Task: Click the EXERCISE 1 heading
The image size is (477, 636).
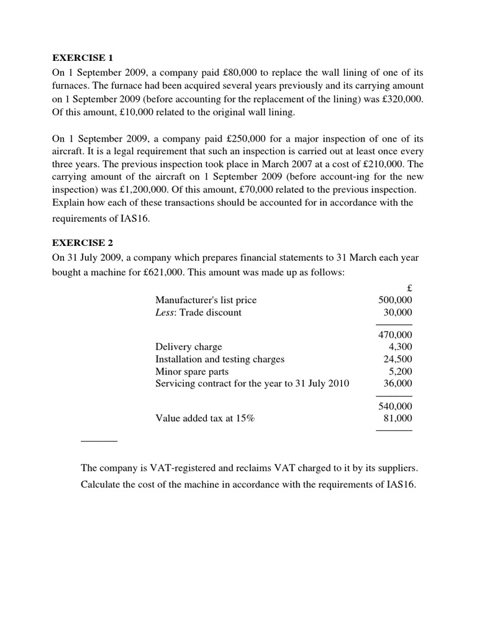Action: point(84,58)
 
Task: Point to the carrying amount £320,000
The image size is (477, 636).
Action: point(402,99)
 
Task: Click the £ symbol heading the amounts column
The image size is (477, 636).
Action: point(408,288)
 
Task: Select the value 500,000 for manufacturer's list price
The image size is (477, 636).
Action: point(395,300)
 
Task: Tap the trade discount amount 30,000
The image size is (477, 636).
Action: point(397,312)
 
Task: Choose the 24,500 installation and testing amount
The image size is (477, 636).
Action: point(397,359)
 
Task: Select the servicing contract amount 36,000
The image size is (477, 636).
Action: point(397,384)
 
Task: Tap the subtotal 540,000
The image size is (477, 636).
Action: point(395,406)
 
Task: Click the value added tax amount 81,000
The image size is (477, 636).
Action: point(397,419)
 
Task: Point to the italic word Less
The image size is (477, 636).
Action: point(166,312)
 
